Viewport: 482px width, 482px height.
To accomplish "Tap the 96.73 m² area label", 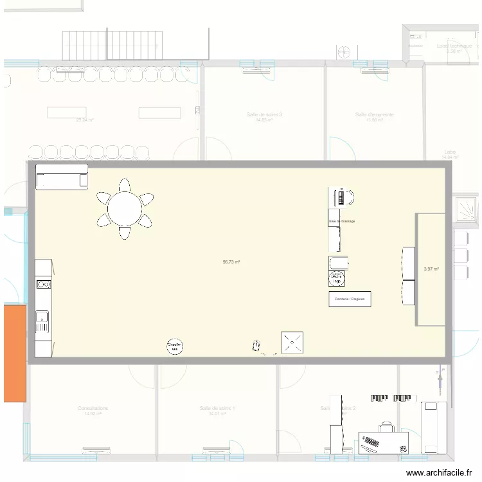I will (231, 262).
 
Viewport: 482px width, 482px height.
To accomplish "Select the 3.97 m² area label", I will (431, 269).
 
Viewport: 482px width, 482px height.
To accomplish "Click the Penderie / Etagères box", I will (350, 299).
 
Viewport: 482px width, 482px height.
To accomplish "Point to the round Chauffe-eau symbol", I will (175, 346).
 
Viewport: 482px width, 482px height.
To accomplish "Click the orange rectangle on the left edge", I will (15, 353).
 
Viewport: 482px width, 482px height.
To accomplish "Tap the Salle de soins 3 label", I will (264, 115).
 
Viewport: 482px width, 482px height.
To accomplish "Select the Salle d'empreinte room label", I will (374, 115).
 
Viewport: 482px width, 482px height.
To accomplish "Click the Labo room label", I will (450, 152).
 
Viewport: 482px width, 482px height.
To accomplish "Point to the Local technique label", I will (454, 46).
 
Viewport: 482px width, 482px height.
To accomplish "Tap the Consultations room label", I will (93, 408).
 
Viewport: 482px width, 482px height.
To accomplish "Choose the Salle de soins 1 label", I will (217, 408).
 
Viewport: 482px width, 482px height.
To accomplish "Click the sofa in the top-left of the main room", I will (62, 177).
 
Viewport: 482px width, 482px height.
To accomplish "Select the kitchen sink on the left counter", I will (42, 316).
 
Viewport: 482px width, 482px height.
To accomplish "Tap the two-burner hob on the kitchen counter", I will (43, 284).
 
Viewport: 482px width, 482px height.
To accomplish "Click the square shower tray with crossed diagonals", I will (292, 343).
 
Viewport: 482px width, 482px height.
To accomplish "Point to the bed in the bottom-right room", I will (434, 426).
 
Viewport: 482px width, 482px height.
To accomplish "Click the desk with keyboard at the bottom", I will (384, 442).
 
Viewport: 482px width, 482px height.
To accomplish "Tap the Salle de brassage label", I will (342, 221).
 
